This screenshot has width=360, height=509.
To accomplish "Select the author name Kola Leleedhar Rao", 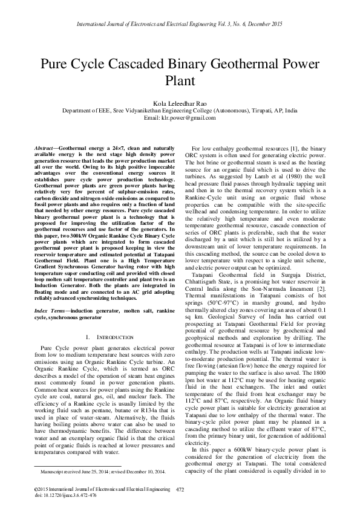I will [x=180, y=104].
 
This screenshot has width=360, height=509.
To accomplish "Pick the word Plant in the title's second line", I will [x=180, y=80].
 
